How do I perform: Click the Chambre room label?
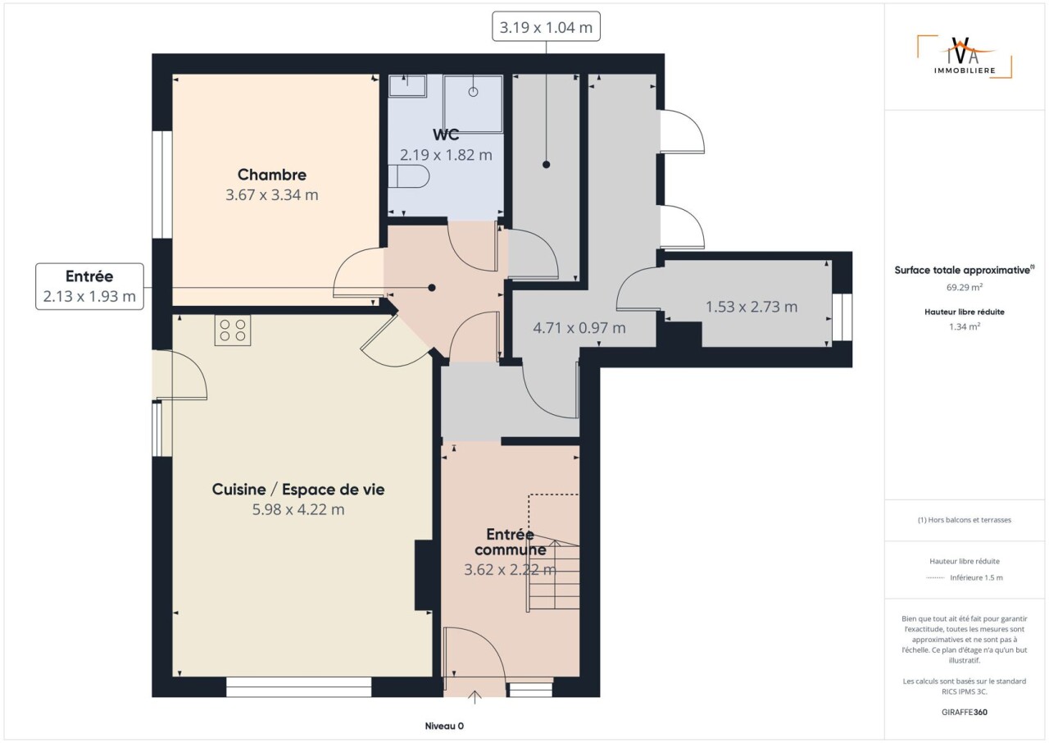click(271, 175)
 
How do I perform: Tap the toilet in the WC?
click(408, 176)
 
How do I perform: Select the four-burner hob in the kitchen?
click(233, 330)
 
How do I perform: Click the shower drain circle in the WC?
click(473, 92)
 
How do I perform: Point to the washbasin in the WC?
click(407, 86)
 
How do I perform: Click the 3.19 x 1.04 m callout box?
click(546, 27)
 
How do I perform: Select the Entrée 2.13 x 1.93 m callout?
click(89, 286)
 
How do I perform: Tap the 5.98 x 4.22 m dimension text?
click(298, 509)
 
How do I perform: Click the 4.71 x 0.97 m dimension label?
click(579, 327)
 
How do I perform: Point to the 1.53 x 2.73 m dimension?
click(752, 307)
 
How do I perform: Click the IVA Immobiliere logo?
click(965, 57)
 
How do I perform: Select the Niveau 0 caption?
click(444, 726)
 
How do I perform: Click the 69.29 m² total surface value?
click(965, 287)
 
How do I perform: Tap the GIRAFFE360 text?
click(965, 712)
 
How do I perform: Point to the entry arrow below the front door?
click(475, 697)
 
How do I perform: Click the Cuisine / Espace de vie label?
click(298, 489)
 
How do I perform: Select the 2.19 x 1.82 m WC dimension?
click(446, 155)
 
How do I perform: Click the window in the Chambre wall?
click(162, 185)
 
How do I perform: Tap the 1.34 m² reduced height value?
click(965, 326)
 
